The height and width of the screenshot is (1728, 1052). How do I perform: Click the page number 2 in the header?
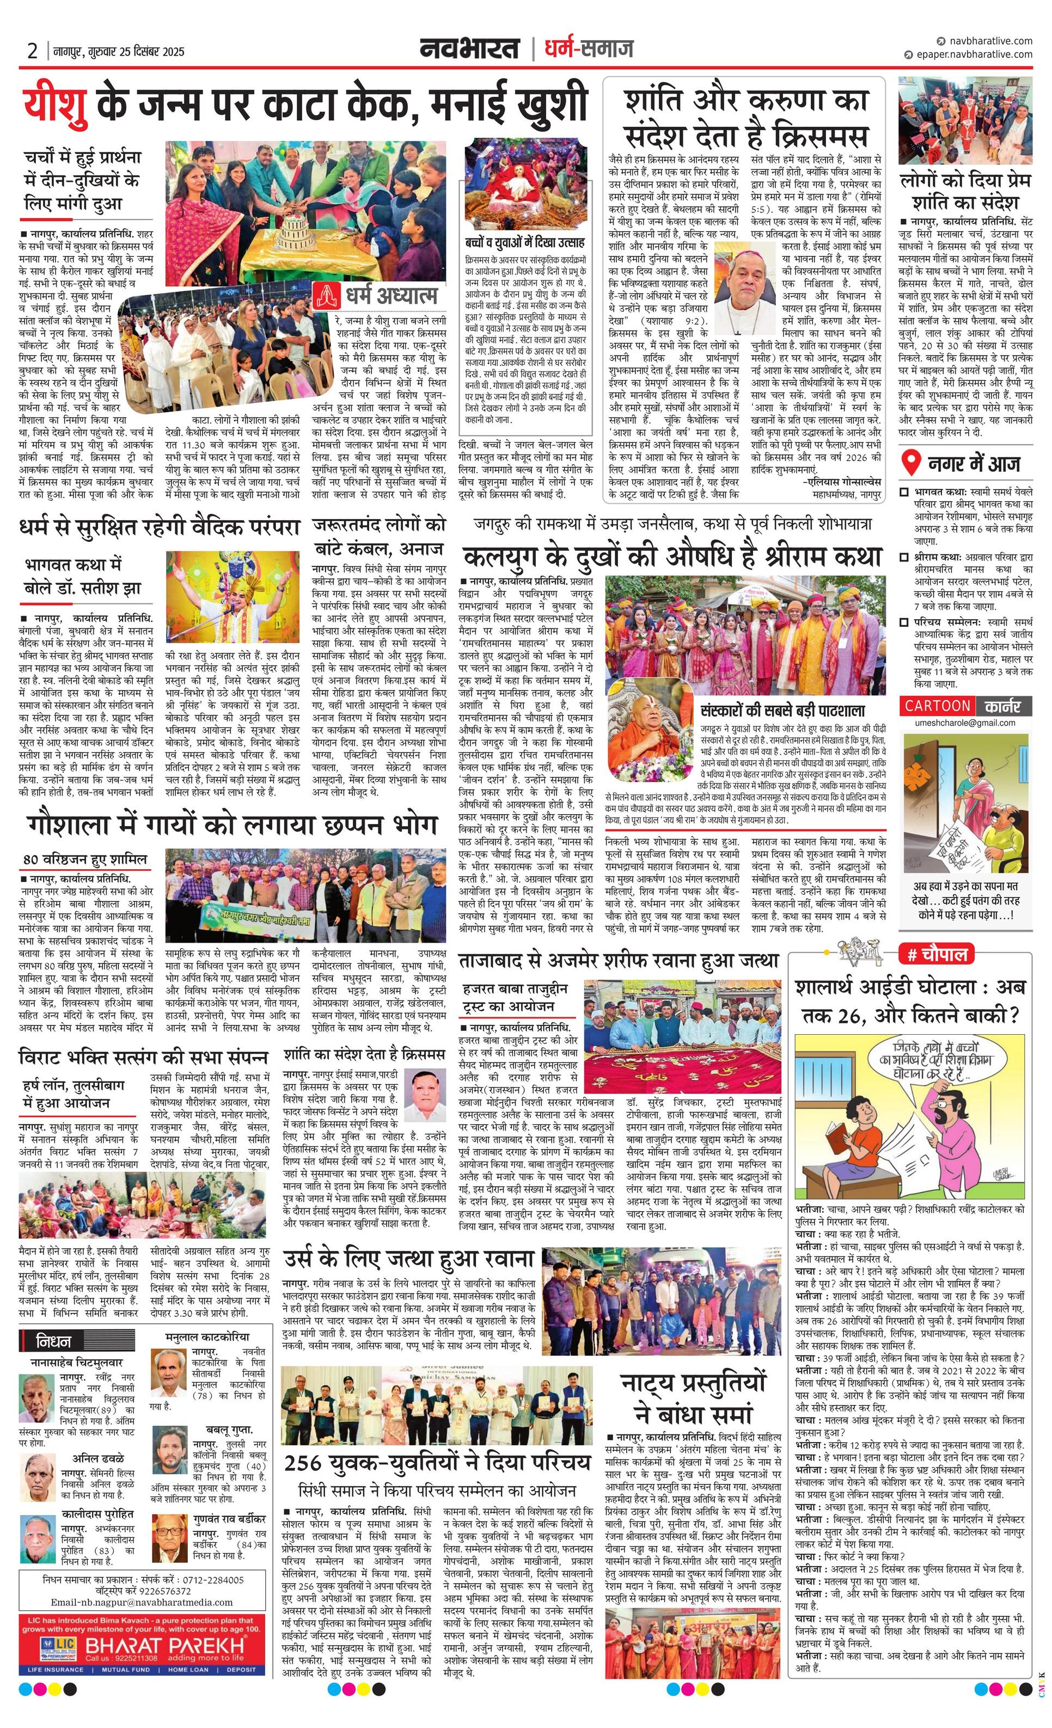click(x=32, y=51)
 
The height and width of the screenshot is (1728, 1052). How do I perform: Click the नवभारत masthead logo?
click(x=470, y=49)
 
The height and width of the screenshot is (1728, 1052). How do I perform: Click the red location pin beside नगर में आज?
click(x=910, y=463)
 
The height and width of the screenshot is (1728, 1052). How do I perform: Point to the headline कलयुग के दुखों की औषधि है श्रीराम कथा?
click(x=671, y=557)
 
